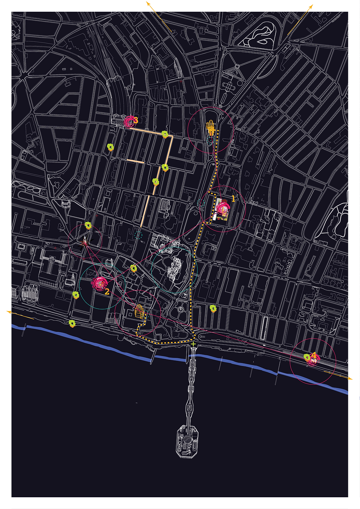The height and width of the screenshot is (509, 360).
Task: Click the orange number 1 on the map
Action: pyautogui.click(x=233, y=199)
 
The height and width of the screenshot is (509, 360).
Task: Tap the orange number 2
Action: pyautogui.click(x=107, y=292)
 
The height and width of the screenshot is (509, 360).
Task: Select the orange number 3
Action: pyautogui.click(x=136, y=120)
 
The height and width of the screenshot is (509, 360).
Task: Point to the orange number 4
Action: pyautogui.click(x=314, y=355)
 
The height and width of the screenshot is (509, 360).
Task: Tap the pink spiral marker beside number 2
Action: pyautogui.click(x=100, y=283)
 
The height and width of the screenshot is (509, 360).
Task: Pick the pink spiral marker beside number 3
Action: pyautogui.click(x=129, y=121)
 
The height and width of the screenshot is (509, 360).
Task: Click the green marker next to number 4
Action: pyautogui.click(x=307, y=357)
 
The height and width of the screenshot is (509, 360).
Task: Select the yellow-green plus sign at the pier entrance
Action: pyautogui.click(x=193, y=344)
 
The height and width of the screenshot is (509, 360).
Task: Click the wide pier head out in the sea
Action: pyautogui.click(x=187, y=441)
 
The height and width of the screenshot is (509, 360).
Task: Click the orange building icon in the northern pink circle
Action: pyautogui.click(x=211, y=128)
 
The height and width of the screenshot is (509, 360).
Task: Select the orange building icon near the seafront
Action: pyautogui.click(x=139, y=311)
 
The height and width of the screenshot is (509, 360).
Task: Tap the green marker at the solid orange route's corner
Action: pyautogui.click(x=165, y=134)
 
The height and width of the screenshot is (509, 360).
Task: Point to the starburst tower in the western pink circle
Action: pyautogui.click(x=84, y=241)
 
